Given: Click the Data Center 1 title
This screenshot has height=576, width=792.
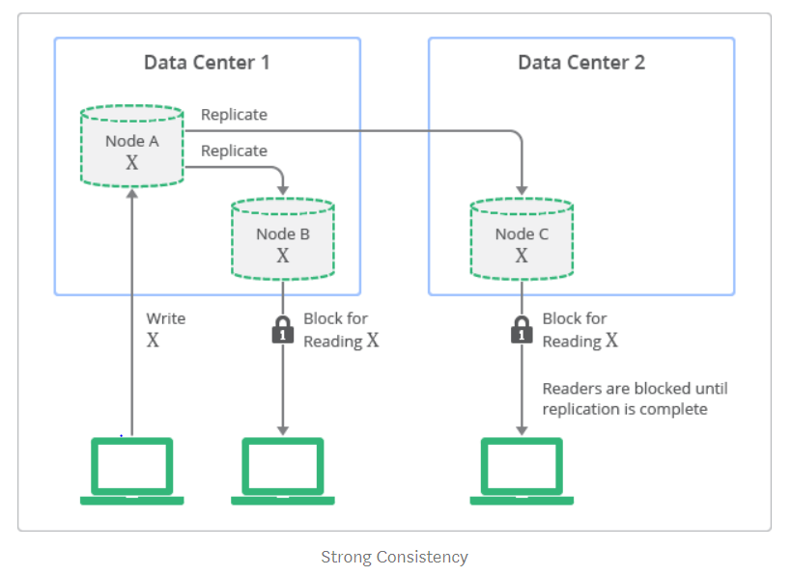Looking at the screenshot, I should click(207, 63).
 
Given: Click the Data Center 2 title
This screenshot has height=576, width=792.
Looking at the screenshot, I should click(581, 63).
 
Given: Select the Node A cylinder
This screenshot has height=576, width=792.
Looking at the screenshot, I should click(131, 148).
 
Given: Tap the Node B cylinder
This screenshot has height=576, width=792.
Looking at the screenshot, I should click(282, 239).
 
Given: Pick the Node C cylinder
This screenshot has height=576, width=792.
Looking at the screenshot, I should click(522, 239).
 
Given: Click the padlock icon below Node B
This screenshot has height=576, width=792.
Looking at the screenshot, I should click(282, 329).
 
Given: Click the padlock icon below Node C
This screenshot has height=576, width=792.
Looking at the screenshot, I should click(522, 329).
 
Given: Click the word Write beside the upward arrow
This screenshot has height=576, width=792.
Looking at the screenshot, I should click(165, 318).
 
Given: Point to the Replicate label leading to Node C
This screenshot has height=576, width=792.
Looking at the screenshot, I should click(234, 115).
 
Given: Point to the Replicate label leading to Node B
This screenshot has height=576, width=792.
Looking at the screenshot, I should click(234, 151).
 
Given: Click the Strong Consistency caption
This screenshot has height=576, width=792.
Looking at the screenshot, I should click(394, 557).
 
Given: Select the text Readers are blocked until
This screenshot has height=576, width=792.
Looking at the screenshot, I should click(635, 389).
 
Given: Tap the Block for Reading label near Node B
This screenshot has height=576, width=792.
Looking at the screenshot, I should click(338, 329).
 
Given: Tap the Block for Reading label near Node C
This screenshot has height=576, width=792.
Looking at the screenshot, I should click(578, 329).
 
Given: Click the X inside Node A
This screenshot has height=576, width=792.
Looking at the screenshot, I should click(131, 163).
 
